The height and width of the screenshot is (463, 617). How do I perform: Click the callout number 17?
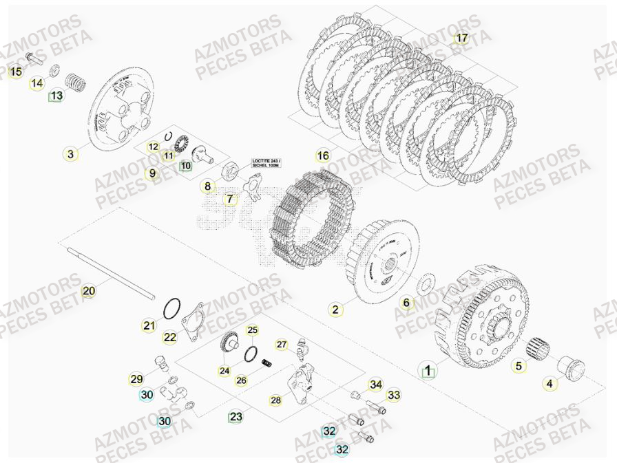(461, 38)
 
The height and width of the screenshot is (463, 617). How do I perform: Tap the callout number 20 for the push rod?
(89, 291)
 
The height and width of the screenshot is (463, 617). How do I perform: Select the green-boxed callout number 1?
(428, 371)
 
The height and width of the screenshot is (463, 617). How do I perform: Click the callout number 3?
(71, 154)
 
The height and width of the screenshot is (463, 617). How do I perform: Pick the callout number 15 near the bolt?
(16, 72)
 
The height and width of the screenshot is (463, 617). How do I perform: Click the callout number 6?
(406, 303)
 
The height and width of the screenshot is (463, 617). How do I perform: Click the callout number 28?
(276, 400)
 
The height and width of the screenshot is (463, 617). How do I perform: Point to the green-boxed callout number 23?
(236, 416)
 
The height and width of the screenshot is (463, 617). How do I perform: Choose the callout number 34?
(375, 384)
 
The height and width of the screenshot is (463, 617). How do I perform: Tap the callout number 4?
(550, 385)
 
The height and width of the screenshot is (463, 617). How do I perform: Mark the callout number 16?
(323, 155)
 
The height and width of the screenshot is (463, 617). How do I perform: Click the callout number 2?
(335, 310)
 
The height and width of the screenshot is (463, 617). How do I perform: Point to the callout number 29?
(136, 379)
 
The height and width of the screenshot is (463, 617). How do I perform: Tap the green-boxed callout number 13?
(55, 96)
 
